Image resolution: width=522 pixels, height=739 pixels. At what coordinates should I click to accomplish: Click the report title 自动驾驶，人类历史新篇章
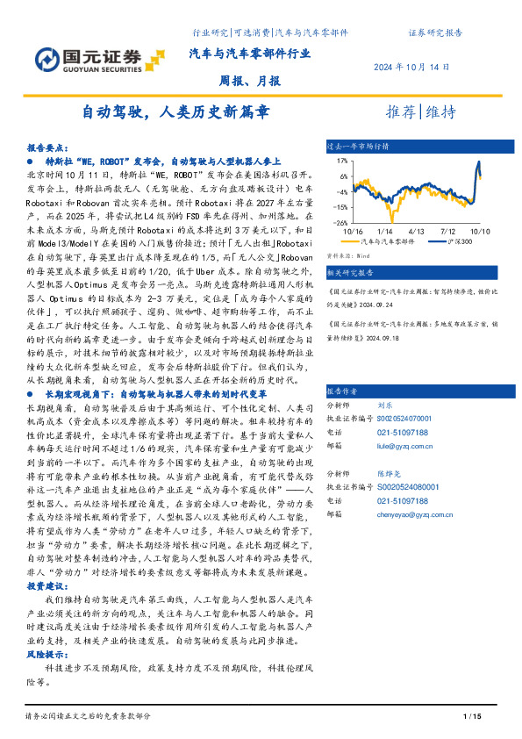[175, 112]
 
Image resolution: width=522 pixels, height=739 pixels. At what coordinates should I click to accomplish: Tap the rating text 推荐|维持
[421, 112]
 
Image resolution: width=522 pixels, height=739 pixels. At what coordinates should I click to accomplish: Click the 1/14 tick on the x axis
[383, 230]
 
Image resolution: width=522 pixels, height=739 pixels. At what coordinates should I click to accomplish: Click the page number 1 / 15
[473, 718]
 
